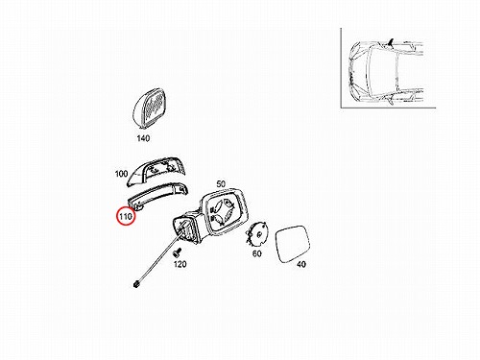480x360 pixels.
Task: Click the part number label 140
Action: (x=143, y=138)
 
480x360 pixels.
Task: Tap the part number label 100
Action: (x=121, y=174)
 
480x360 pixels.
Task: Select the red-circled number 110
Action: (x=126, y=216)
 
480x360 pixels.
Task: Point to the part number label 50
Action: (x=221, y=184)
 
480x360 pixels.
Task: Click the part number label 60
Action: (x=257, y=253)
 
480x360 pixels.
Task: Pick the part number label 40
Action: (x=301, y=264)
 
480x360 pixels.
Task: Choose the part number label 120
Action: (x=180, y=264)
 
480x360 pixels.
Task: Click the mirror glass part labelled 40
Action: (x=293, y=244)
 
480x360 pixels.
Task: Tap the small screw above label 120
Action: (x=177, y=252)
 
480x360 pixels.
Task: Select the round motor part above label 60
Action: (x=257, y=235)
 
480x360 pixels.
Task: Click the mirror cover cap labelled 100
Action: (x=156, y=171)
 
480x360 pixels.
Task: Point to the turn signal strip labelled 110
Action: (x=157, y=196)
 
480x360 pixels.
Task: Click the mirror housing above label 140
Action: (x=150, y=108)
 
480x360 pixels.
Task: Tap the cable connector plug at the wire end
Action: (x=136, y=283)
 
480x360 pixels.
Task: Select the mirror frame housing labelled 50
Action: (x=224, y=212)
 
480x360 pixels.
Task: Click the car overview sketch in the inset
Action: (x=386, y=72)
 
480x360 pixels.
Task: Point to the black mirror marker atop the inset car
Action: (x=391, y=42)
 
